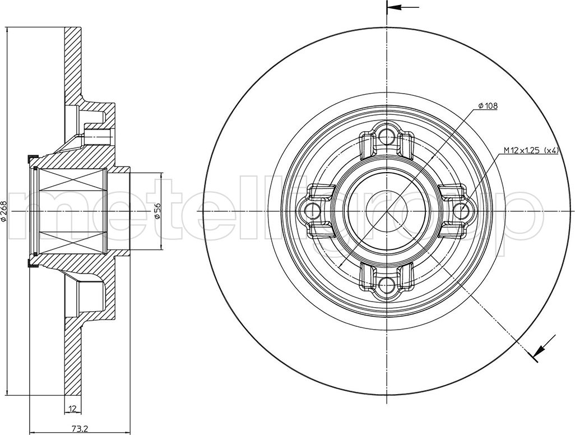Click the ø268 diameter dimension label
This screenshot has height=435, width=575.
coord(4,211)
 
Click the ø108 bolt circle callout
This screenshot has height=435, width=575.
coord(488,105)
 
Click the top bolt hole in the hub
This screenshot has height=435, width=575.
coord(386,135)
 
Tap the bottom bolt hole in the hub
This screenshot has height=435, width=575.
coord(386,287)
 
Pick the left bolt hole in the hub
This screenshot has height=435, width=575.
coord(310,211)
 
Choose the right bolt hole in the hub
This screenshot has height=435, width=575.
coord(461,211)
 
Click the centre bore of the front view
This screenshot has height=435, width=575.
coord(386,211)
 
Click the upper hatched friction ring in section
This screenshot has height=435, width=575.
coord(73,62)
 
